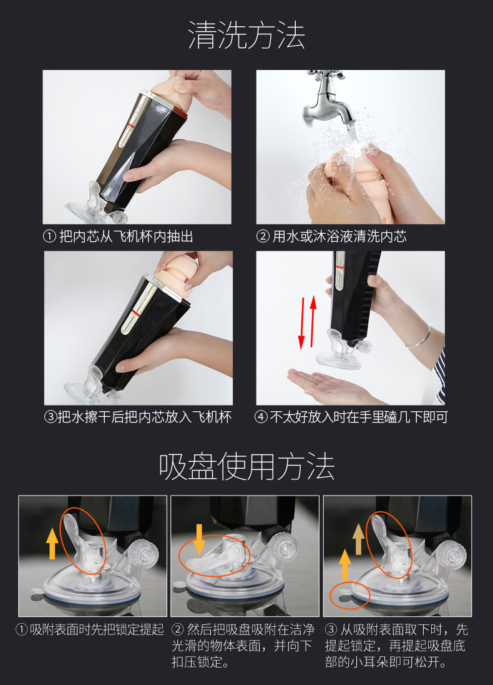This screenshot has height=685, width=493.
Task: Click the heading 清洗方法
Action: click(246, 36)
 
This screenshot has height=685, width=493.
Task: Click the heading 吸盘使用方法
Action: click(246, 467)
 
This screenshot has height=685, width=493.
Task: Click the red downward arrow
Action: click(301, 323)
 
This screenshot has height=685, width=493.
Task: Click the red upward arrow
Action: click(313, 321)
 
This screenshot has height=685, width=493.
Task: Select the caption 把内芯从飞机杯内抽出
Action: click(126, 236)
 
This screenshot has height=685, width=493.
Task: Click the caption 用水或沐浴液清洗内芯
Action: click(339, 236)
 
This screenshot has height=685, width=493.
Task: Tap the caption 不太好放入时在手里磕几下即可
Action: click(359, 417)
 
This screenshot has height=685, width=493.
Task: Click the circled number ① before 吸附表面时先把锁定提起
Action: click(21, 629)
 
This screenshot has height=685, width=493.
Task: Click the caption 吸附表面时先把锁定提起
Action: click(97, 629)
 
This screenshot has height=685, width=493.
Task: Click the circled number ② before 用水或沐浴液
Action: click(263, 237)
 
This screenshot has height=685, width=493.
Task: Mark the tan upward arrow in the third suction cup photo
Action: click(358, 539)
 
